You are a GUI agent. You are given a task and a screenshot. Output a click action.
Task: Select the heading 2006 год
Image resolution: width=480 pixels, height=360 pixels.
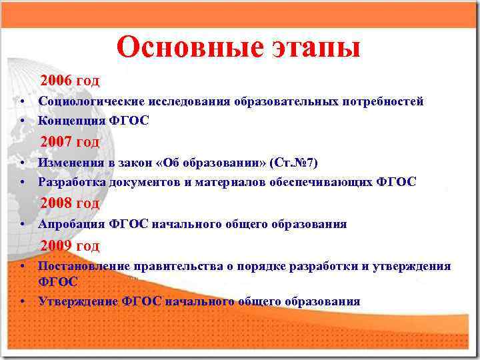(x=70, y=81)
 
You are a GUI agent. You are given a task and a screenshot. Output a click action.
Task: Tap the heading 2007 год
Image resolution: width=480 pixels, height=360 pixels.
(x=70, y=142)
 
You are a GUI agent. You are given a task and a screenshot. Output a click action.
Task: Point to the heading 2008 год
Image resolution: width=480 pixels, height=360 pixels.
(x=70, y=203)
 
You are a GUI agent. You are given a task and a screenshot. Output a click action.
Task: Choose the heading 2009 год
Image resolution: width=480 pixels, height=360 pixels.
(x=70, y=246)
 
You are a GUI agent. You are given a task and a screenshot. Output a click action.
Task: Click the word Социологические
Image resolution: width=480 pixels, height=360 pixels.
(x=85, y=101)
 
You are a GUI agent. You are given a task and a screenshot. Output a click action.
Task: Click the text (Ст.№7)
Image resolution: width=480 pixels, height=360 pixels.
(x=295, y=163)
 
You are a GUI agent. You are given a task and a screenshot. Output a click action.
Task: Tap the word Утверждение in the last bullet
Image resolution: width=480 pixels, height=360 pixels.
(x=79, y=301)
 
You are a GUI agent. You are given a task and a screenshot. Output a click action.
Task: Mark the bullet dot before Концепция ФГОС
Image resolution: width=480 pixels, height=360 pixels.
(x=23, y=121)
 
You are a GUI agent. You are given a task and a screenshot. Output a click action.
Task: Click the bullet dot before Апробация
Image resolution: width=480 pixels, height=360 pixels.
(x=23, y=225)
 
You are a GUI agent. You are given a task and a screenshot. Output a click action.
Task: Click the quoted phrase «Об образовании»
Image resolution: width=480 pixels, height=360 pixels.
(x=213, y=163)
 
